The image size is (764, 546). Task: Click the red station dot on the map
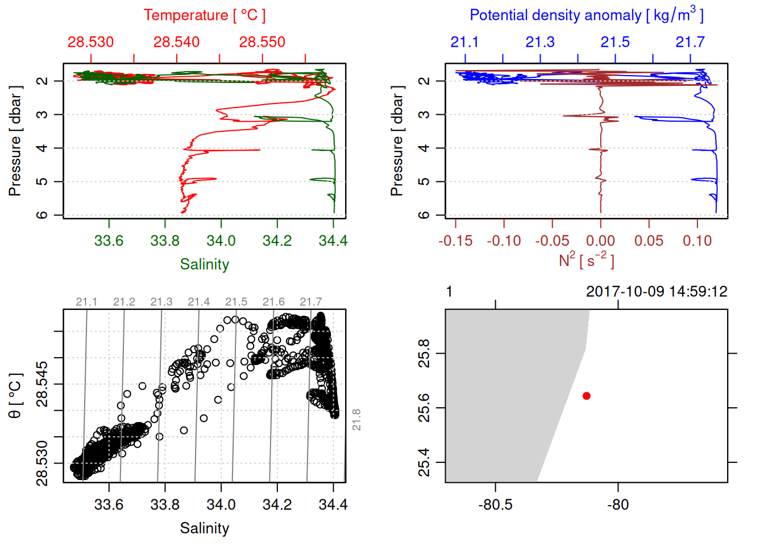[586, 396]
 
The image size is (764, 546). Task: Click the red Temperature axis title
[204, 15]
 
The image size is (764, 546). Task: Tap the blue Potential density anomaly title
[586, 15]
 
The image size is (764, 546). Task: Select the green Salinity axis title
[204, 264]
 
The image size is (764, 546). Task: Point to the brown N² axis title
[586, 260]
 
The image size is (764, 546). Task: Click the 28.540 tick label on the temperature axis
[176, 42]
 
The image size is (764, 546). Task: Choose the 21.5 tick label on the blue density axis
[615, 42]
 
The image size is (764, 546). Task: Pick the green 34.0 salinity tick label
[221, 241]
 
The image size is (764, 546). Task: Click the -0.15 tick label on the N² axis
[455, 241]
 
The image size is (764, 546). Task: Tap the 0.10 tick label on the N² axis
[697, 241]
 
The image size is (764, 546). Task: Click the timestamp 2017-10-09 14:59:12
[657, 292]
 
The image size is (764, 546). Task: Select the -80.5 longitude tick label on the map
[495, 505]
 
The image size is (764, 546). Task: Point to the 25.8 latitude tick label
[424, 353]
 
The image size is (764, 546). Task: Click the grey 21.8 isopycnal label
[356, 419]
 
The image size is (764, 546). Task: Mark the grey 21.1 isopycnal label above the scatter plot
[86, 302]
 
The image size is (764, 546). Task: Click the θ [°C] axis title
[15, 396]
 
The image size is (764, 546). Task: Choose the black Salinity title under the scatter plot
[204, 528]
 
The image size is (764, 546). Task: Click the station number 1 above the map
[449, 292]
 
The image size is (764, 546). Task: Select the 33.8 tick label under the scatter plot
[165, 505]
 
